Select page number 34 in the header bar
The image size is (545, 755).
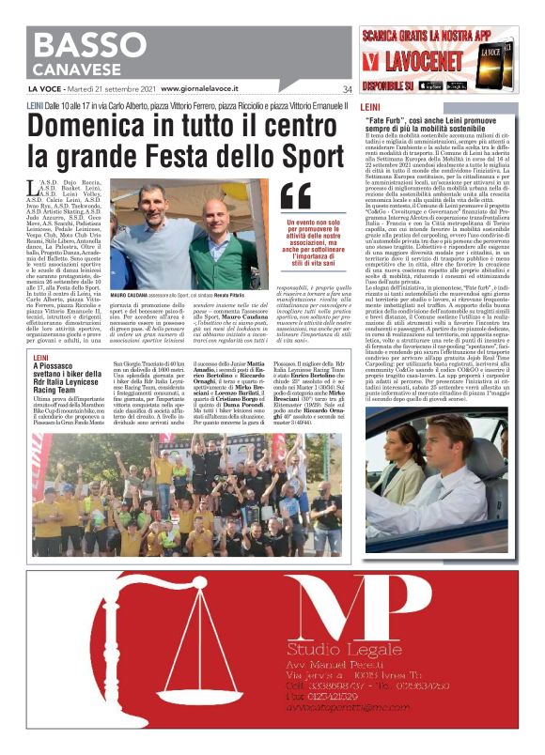pyautogui.click(x=347, y=89)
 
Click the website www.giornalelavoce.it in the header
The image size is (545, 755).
pyautogui.click(x=203, y=89)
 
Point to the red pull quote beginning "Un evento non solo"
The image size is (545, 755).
pyautogui.click(x=304, y=241)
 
